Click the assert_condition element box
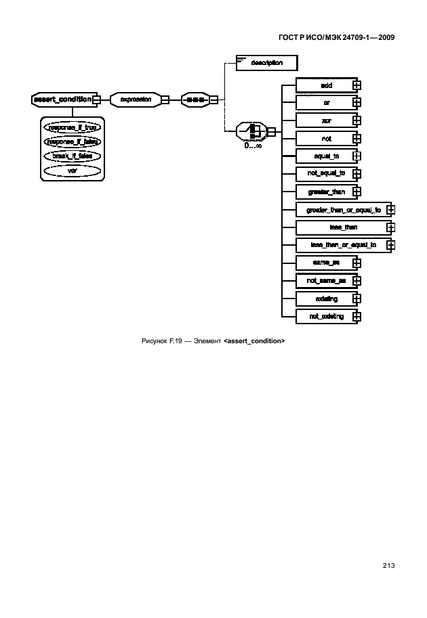click(62, 100)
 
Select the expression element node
click(136, 100)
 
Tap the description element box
click(266, 63)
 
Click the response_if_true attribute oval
click(71, 127)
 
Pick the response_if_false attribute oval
click(71, 141)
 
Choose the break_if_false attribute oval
click(71, 156)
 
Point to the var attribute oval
click(71, 171)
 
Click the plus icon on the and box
click(357, 85)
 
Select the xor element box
click(325, 120)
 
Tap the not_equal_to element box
click(325, 173)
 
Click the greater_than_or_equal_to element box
click(344, 210)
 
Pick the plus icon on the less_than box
click(390, 227)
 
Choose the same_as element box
click(325, 263)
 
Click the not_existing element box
click(325, 316)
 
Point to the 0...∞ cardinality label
click(254, 145)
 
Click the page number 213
click(388, 566)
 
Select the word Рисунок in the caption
click(154, 340)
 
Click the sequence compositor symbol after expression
click(195, 100)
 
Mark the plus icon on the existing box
click(357, 299)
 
